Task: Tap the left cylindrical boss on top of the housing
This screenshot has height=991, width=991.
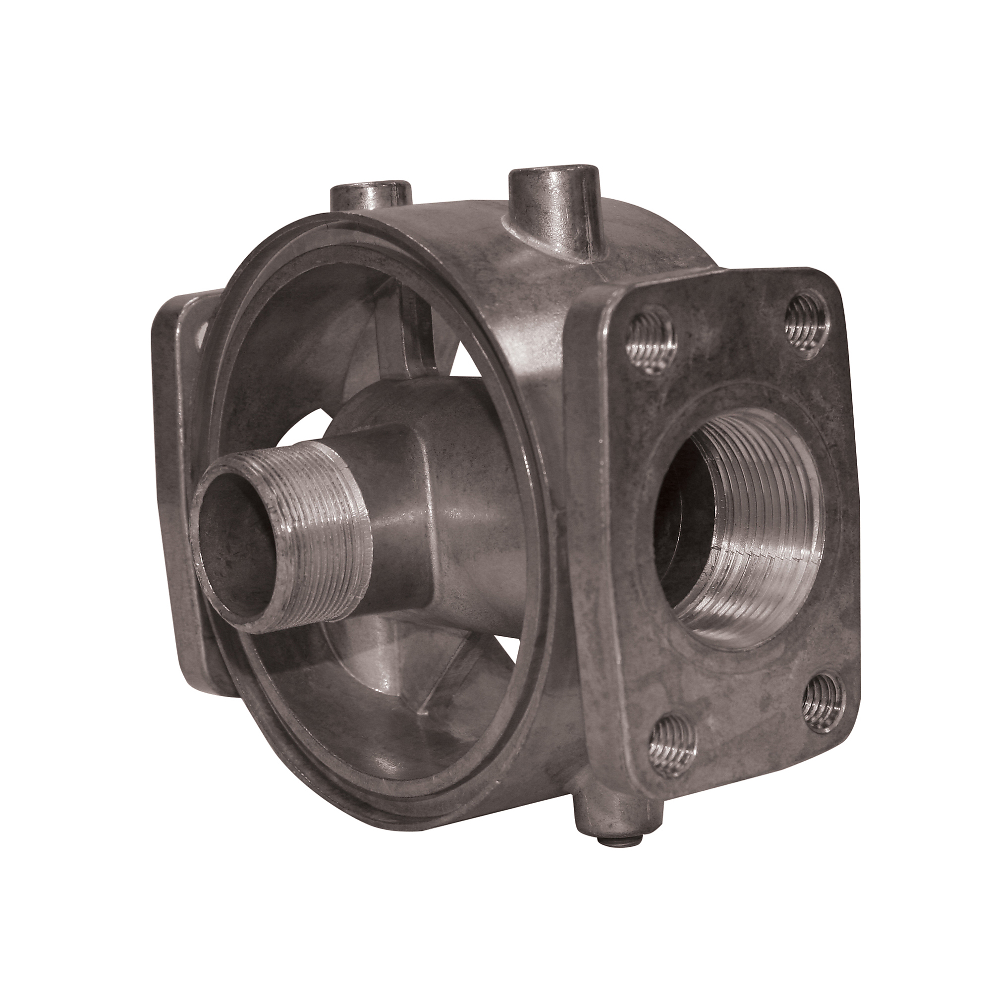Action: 370,198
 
